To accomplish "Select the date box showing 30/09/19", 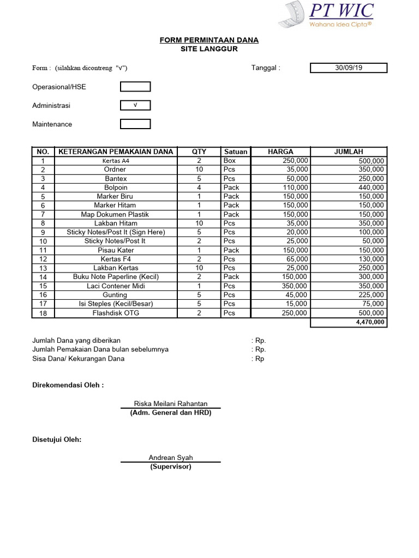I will tap(349, 68).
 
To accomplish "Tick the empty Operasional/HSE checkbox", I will tap(135, 87).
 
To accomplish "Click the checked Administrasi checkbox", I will tap(135, 105).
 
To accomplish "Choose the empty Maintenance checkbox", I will tap(135, 124).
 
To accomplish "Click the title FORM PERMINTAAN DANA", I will tap(209, 40).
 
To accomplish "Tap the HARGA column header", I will tap(280, 151).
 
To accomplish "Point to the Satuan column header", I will tap(235, 151).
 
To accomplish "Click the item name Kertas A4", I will tap(116, 161).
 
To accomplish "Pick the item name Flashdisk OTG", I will tap(116, 313).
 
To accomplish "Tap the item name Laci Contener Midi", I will tap(116, 286).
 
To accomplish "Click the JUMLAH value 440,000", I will tap(371, 187).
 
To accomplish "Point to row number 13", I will tap(44, 268).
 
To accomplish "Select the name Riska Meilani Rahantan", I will tap(171, 404).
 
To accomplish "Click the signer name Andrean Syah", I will tap(171, 458).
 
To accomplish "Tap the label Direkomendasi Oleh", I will tap(68, 385).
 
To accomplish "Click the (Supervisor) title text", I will tap(171, 467).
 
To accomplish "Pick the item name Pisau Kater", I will tap(116, 250).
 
